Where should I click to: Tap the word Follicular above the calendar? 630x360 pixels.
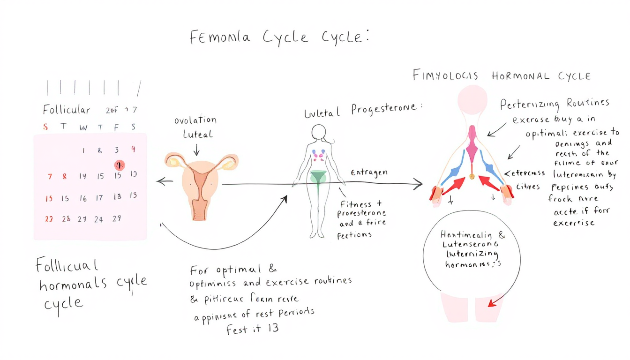pyautogui.click(x=66, y=110)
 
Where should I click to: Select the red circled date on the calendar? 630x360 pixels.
pyautogui.click(x=120, y=165)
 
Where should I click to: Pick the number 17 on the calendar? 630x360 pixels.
pyautogui.click(x=99, y=198)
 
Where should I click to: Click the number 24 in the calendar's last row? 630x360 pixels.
pyautogui.click(x=98, y=219)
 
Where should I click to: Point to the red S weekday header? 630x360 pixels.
pyautogui.click(x=45, y=127)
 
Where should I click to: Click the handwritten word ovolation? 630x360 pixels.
pyautogui.click(x=195, y=120)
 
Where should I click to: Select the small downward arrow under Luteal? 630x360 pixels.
pyautogui.click(x=196, y=150)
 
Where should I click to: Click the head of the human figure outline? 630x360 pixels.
pyautogui.click(x=319, y=133)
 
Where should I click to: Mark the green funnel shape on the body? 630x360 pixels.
pyautogui.click(x=319, y=179)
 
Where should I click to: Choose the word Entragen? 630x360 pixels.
pyautogui.click(x=369, y=172)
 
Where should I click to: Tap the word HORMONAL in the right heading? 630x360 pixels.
pyautogui.click(x=521, y=76)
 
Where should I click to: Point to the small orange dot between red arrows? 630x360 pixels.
pyautogui.click(x=472, y=177)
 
